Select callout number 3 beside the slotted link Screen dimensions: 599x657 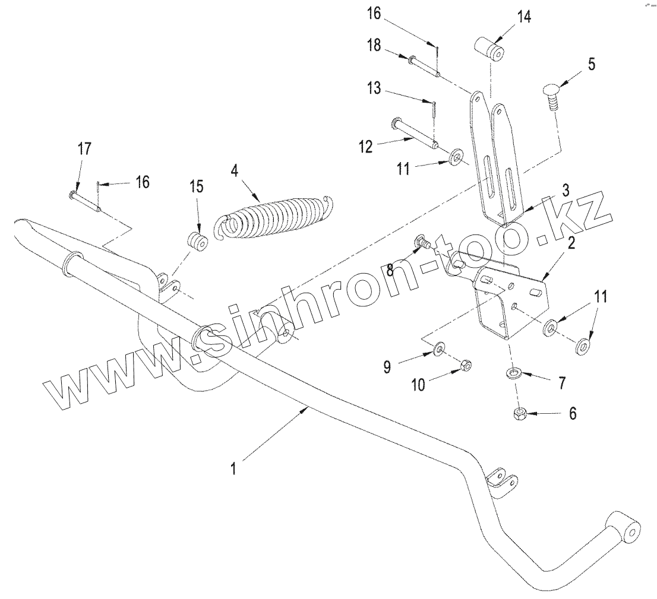pos(566,191)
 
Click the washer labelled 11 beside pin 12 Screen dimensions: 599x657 pos(457,158)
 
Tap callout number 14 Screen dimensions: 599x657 pos(524,17)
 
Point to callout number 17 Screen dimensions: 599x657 pos(85,148)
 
